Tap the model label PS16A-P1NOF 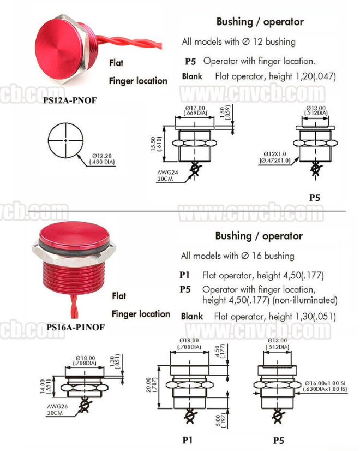76,327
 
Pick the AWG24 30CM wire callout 166,175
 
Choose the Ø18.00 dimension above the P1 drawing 190,343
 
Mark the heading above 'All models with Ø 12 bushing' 260,22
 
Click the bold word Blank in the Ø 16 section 191,316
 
